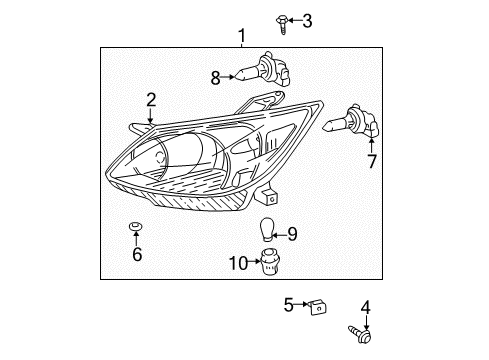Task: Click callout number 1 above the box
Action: pos(241,37)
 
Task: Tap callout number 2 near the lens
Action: pos(151,99)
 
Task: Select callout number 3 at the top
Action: pos(307,20)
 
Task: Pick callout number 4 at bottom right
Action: pos(366,308)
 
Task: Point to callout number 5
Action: pos(288,303)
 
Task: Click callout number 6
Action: pos(137,254)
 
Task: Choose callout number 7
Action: pos(372,161)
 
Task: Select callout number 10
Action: pos(238,263)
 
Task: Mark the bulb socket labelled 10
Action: pos(266,263)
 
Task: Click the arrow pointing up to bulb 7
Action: pos(371,145)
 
